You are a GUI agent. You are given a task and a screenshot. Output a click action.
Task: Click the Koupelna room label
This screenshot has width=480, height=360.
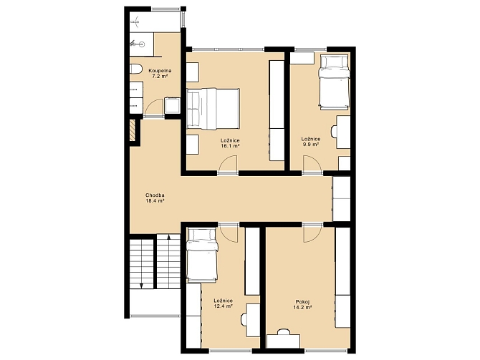(x=160, y=71)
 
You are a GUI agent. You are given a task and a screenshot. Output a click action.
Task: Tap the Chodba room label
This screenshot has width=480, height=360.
(x=155, y=195)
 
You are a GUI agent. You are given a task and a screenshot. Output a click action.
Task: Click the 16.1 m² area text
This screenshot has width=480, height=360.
(x=230, y=146)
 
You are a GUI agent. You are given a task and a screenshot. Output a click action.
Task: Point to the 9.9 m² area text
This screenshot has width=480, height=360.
(x=311, y=145)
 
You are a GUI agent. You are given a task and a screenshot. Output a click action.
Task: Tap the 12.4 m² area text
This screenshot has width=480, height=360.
(x=223, y=306)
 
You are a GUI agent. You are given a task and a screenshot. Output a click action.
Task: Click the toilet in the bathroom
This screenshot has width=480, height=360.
(x=135, y=69)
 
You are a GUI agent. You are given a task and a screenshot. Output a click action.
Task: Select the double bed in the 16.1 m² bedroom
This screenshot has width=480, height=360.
(x=213, y=109)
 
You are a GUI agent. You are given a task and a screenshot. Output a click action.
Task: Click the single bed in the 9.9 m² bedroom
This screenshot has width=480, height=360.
(x=334, y=82)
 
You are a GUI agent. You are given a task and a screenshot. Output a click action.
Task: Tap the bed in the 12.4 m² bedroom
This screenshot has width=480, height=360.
(x=202, y=255)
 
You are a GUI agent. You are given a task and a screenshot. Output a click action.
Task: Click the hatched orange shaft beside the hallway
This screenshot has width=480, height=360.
(x=133, y=130)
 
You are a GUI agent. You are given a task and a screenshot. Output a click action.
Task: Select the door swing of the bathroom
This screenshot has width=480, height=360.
(x=154, y=107)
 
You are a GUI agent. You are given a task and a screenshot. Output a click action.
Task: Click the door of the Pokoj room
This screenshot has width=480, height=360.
(x=312, y=233)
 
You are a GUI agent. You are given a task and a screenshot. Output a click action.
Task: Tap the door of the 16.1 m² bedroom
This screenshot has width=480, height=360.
(x=229, y=165)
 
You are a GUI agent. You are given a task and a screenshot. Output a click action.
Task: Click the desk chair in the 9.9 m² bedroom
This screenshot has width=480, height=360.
(x=334, y=132)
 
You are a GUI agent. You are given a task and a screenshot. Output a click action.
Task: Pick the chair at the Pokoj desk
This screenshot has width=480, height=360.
(x=284, y=332)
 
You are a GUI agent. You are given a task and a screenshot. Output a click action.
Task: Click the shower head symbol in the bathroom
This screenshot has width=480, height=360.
(x=135, y=21)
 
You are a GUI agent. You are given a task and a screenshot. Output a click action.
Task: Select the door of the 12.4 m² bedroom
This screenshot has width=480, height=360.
(x=229, y=233)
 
